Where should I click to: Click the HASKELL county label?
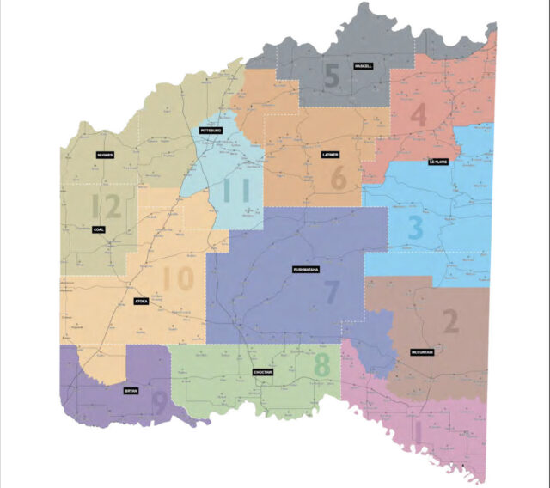click(363, 66)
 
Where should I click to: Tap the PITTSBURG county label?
click(211, 131)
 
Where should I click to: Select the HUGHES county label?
click(106, 156)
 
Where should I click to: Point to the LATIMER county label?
click(330, 156)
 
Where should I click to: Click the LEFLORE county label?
click(439, 162)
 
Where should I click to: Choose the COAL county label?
click(98, 229)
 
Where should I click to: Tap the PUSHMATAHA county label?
click(305, 269)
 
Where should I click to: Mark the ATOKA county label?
click(142, 302)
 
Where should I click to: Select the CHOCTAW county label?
click(262, 372)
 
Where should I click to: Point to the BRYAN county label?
click(131, 390)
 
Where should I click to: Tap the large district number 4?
click(419, 115)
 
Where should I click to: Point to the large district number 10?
click(179, 279)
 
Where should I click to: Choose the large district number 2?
click(449, 320)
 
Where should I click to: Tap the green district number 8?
click(321, 363)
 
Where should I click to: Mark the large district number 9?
click(159, 400)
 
